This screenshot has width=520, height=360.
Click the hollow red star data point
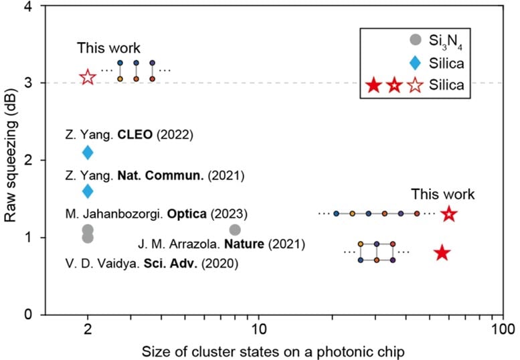coord(88,77)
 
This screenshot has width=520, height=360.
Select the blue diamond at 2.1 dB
coord(88,153)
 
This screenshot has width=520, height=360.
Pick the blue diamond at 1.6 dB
coord(88,191)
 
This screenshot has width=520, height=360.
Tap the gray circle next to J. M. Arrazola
coord(235,230)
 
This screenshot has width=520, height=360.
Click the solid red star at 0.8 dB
coord(442,253)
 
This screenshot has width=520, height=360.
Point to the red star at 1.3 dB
coord(448,214)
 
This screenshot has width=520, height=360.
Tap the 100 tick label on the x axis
coord(501,330)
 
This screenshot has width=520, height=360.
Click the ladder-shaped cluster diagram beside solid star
coord(376,252)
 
